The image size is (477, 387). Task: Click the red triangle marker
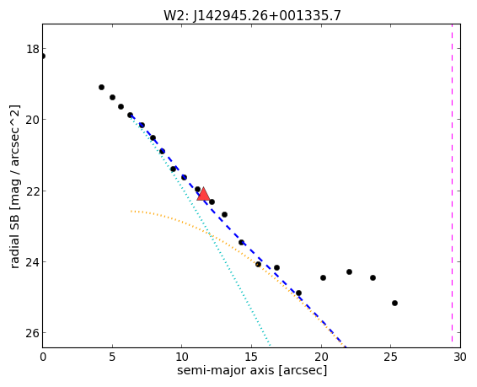[203, 195]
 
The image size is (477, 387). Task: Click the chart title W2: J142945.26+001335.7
[252, 15]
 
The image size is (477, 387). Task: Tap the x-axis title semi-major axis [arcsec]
[252, 370]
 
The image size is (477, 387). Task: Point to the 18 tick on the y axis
[33, 49]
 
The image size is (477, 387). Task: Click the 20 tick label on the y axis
[33, 120]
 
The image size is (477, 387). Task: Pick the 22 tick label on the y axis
[33, 191]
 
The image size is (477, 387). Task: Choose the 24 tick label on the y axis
[33, 261]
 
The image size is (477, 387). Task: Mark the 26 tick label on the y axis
[33, 333]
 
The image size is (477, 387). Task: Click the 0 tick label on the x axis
[43, 357]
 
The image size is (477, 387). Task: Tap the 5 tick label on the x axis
[112, 357]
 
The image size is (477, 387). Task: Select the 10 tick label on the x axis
[181, 357]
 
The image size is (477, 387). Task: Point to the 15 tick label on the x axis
[251, 357]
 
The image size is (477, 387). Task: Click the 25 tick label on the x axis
[390, 357]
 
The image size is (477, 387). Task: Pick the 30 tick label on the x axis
[460, 357]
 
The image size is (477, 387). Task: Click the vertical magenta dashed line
[452, 185]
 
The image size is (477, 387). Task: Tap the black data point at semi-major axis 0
[42, 56]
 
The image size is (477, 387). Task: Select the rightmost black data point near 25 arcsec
[395, 303]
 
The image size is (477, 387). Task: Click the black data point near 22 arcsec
[349, 271]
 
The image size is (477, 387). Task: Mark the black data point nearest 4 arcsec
[102, 88]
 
